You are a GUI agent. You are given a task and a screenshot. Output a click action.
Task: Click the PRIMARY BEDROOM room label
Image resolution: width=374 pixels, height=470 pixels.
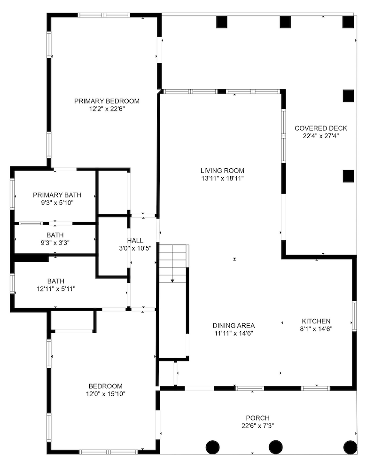tap(107, 101)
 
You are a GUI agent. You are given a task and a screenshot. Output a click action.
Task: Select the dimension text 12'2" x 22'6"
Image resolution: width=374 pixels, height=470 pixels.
tap(107, 109)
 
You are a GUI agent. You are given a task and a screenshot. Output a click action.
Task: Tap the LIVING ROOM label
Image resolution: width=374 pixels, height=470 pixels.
tap(222, 171)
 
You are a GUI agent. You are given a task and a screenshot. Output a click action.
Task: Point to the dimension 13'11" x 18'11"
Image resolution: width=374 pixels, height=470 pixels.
tap(222, 178)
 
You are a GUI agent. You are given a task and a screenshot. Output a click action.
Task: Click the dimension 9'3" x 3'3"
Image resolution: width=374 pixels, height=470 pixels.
tap(55, 243)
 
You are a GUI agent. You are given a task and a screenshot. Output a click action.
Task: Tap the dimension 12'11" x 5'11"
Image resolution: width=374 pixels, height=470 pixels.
tap(55, 289)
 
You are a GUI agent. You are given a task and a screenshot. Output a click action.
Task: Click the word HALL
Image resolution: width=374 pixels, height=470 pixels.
tap(135, 241)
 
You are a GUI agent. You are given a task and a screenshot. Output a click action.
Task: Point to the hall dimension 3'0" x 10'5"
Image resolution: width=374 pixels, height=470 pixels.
tap(135, 248)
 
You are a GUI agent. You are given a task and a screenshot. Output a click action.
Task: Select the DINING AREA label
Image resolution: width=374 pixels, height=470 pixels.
tap(234, 325)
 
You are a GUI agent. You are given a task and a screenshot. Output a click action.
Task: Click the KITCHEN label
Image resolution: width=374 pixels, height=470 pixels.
tap(316, 321)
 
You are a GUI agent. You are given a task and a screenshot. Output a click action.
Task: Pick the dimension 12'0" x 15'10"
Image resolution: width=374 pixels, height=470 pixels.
tap(105, 393)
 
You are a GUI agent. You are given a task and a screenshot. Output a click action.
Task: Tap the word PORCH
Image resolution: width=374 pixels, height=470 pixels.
tap(257, 418)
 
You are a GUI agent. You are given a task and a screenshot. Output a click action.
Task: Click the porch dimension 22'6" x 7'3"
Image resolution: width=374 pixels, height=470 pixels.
tap(257, 425)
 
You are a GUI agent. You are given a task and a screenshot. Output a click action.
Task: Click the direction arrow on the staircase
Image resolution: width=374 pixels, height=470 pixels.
tap(172, 280)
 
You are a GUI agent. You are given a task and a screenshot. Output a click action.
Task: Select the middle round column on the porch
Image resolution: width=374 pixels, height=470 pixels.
tap(275, 446)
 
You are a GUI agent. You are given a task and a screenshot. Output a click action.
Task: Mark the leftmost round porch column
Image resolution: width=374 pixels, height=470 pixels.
tap(213, 446)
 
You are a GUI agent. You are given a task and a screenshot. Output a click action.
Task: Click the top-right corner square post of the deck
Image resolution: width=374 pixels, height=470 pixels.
tap(348, 22)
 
